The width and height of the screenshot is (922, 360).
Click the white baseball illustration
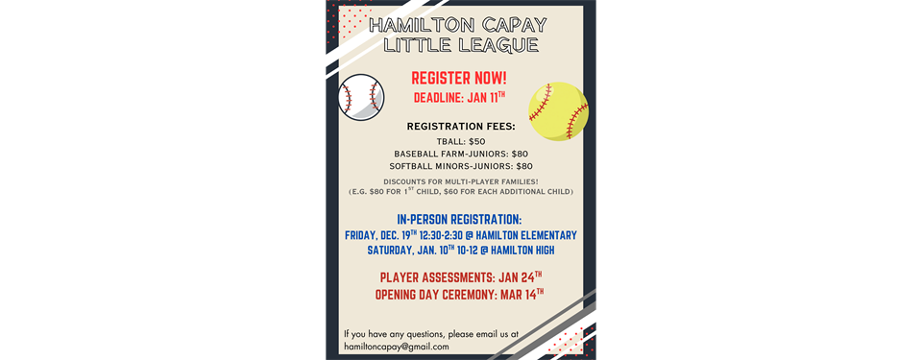[x=362, y=97]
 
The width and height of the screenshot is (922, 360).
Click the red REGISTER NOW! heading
[x=459, y=78]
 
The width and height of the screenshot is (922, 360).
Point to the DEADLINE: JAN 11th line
[x=459, y=98]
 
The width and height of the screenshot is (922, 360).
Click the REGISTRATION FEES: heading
[x=461, y=126]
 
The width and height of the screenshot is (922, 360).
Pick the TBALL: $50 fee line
[x=461, y=141]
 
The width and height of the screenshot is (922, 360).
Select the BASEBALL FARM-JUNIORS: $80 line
[x=461, y=154]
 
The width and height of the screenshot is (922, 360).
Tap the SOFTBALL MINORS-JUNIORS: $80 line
[x=461, y=166]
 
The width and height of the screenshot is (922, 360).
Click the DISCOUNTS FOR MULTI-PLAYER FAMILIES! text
[x=461, y=181]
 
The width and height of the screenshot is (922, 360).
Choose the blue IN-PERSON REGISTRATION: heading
[x=459, y=219]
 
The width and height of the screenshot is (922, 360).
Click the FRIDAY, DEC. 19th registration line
[x=460, y=235]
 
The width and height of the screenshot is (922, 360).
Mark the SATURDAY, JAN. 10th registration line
[x=460, y=251]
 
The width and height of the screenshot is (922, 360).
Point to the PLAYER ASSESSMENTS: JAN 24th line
[x=460, y=278]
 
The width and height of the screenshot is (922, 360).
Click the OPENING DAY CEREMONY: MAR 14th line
[x=460, y=294]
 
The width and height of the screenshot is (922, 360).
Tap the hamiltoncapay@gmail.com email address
[x=397, y=346]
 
